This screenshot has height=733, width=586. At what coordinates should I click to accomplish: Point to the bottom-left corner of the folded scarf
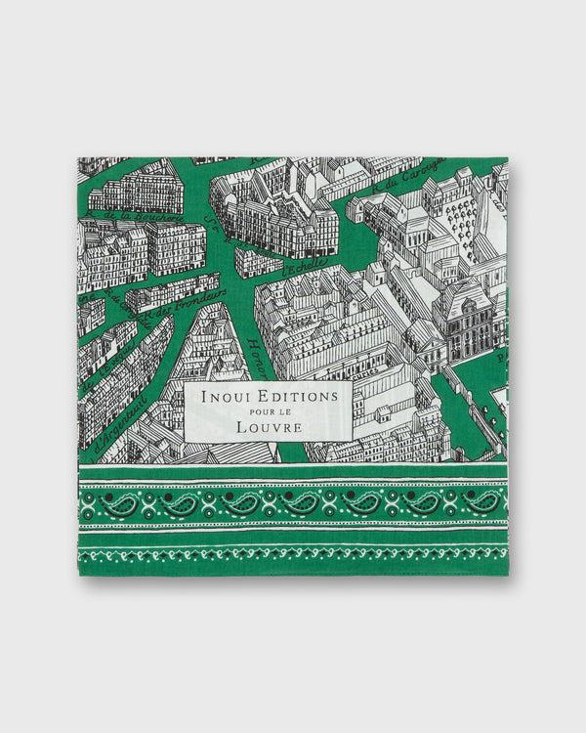pos(79,573)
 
